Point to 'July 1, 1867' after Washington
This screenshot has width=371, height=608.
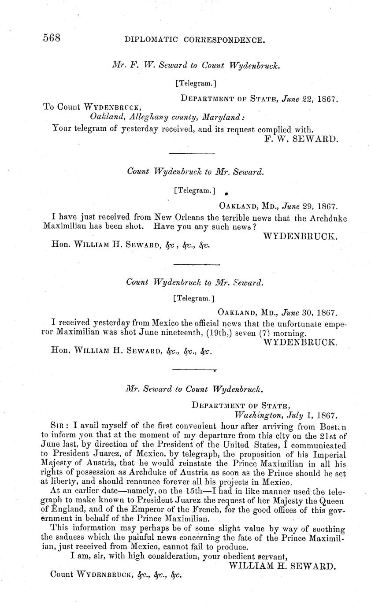(x=315, y=415)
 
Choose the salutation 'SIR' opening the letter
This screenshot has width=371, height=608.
(x=59, y=426)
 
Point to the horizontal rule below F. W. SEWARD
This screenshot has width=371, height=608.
(x=192, y=153)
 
